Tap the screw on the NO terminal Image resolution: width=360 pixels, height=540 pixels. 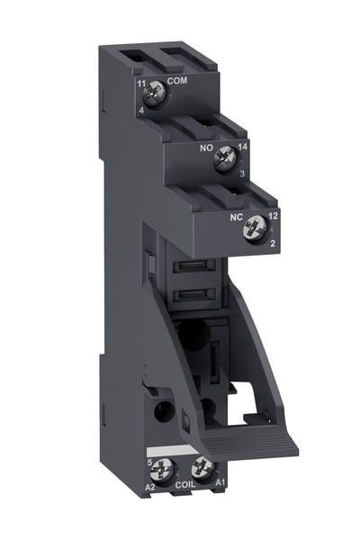pyautogui.click(x=221, y=160)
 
